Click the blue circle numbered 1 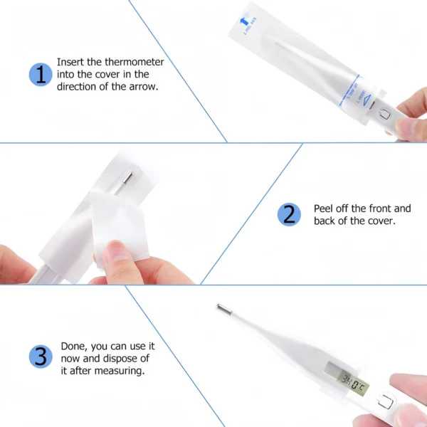point(41,74)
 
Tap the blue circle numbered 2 point(288,214)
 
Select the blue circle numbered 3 point(41,357)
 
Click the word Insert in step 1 point(70,62)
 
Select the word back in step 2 point(327,221)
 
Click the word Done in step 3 point(73,345)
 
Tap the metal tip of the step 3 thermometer point(222,310)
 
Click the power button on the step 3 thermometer point(386,403)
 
